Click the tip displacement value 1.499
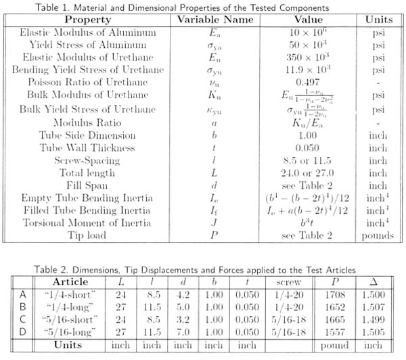coord(369,318)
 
